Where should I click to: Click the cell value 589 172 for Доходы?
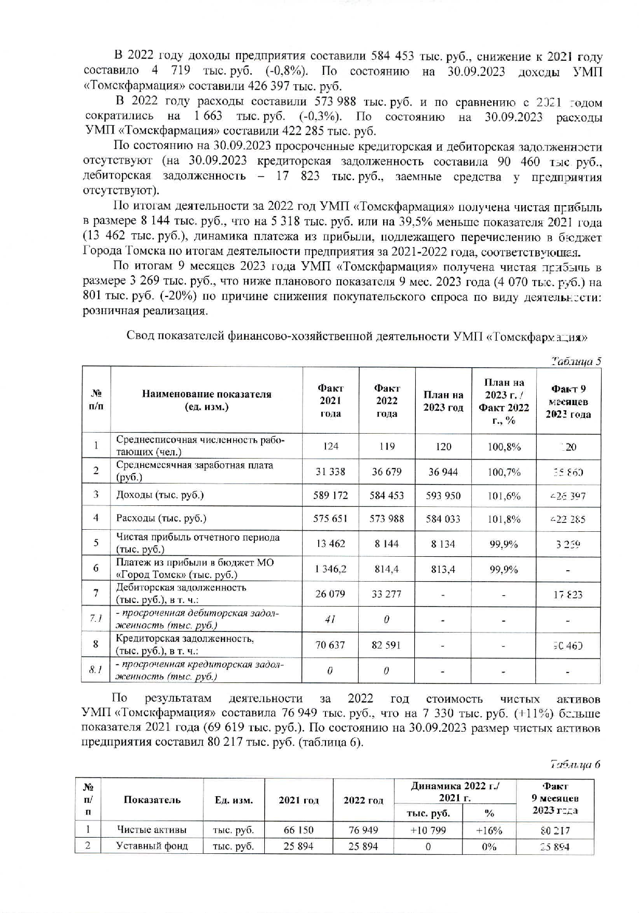point(330,495)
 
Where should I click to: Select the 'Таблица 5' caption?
point(576,361)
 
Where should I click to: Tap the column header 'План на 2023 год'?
point(443,401)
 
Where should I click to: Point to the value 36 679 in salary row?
point(387,472)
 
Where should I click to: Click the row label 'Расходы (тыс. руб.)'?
point(161,518)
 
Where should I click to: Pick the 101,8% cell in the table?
point(504,519)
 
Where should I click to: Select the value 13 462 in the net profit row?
point(330,544)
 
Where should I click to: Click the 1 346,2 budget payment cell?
point(330,569)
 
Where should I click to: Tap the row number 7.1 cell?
point(96,619)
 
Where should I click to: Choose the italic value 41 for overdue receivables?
point(330,620)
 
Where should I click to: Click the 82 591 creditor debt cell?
point(387,645)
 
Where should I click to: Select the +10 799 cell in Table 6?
point(428,830)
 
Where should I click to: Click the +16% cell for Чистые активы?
point(489,830)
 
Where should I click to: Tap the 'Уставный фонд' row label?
point(152,846)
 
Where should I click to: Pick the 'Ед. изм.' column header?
point(234,800)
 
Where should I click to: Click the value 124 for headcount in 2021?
point(330,446)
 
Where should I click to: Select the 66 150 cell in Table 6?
point(298,830)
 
